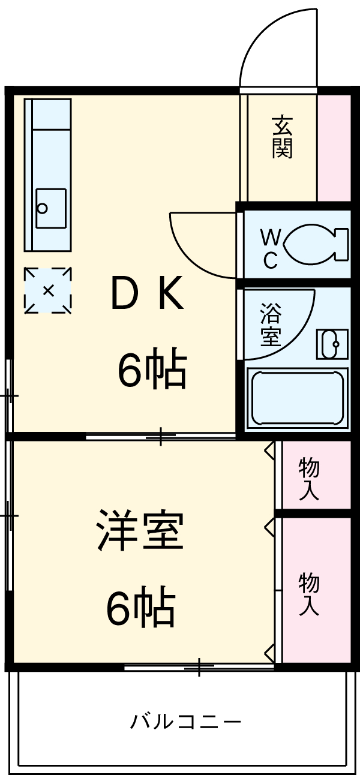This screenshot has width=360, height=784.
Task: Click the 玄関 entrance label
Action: pos(281,137)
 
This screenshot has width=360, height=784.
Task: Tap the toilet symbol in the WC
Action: pos(314,244)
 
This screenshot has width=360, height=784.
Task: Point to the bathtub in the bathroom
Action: pos(298,398)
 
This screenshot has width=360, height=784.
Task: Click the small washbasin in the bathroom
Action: pos(332,344)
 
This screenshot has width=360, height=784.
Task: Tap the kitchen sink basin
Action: pos(50,208)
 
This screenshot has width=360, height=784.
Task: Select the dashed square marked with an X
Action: pos(48,290)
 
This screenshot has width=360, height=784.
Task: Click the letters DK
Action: pos(148,295)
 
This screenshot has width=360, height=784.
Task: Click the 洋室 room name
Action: pos(140,531)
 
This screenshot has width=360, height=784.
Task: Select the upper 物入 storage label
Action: pos(309,479)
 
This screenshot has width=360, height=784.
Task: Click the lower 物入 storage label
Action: pos(309,594)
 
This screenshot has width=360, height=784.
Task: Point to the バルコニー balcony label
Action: pos(186,720)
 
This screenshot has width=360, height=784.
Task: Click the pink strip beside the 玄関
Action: pos(334,147)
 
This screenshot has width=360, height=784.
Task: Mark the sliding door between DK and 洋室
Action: pos(161,436)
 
